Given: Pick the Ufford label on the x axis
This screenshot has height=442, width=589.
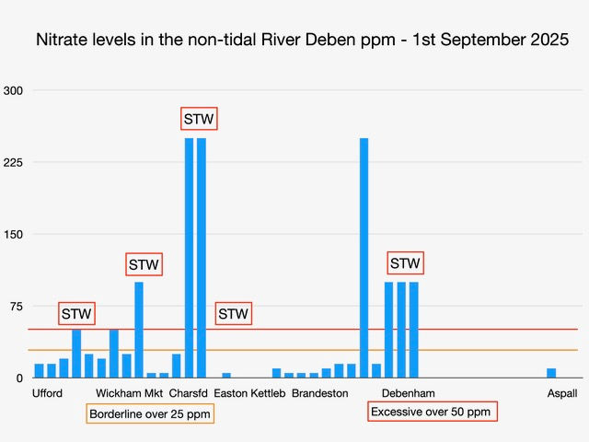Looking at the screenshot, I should click(x=48, y=393).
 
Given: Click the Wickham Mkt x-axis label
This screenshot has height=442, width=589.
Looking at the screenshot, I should click(x=129, y=393).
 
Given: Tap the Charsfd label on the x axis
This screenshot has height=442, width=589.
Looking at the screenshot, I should click(x=189, y=393).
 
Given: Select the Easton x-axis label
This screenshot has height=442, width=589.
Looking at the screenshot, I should click(x=230, y=393).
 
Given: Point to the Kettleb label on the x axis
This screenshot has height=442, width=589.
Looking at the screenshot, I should click(x=269, y=393).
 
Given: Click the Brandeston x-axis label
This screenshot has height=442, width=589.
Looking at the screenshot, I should click(x=320, y=393).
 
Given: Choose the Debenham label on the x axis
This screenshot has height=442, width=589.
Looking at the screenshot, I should click(x=401, y=393).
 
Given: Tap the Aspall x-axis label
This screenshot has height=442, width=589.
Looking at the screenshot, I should click(x=561, y=393).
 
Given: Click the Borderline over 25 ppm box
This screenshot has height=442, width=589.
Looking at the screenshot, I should click(x=150, y=413).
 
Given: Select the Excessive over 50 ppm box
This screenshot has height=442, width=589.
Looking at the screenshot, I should click(x=431, y=412).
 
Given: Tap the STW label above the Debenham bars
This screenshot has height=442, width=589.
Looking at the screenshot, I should click(x=405, y=263).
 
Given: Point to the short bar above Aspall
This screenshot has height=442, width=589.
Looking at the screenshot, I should click(x=551, y=373).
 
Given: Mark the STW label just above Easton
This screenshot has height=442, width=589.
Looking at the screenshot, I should click(x=234, y=314).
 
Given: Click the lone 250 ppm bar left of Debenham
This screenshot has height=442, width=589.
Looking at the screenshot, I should click(x=364, y=258).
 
